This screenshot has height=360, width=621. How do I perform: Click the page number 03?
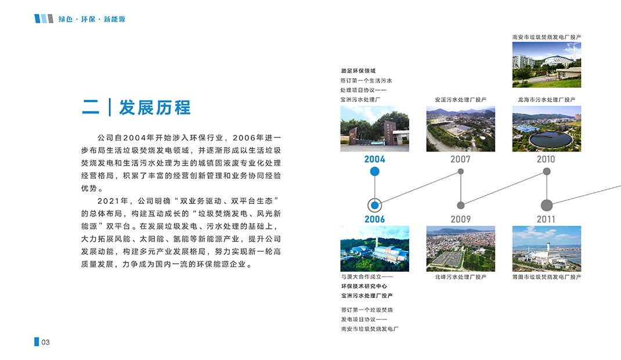tap(45, 342)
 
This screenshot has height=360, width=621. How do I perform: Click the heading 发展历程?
tap(155, 107)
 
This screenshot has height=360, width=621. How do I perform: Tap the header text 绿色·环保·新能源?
tap(92, 19)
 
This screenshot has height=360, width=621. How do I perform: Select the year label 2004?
tap(375, 159)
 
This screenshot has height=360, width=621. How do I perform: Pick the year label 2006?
tap(375, 219)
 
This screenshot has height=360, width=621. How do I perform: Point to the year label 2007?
tap(460, 159)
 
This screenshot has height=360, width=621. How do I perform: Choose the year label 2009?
tap(461, 219)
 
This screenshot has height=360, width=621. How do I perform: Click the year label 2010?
tap(546, 159)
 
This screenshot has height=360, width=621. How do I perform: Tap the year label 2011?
tap(546, 219)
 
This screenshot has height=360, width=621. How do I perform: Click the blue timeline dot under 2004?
tap(375, 171)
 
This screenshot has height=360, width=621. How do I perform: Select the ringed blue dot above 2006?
tap(375, 205)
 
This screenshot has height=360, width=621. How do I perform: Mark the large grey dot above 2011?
tap(547, 205)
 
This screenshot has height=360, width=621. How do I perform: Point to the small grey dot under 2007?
tap(461, 171)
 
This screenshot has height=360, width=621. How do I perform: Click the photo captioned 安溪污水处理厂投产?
tap(461, 129)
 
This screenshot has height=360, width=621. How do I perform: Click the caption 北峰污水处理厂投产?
tap(461, 277)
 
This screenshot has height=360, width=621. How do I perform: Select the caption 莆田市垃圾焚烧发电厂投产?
tap(547, 277)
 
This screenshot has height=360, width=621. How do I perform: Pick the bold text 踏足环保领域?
tap(358, 71)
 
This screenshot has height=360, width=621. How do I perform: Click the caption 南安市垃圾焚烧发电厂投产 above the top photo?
tap(547, 37)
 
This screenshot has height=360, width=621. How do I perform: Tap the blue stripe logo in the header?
tap(44, 19)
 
